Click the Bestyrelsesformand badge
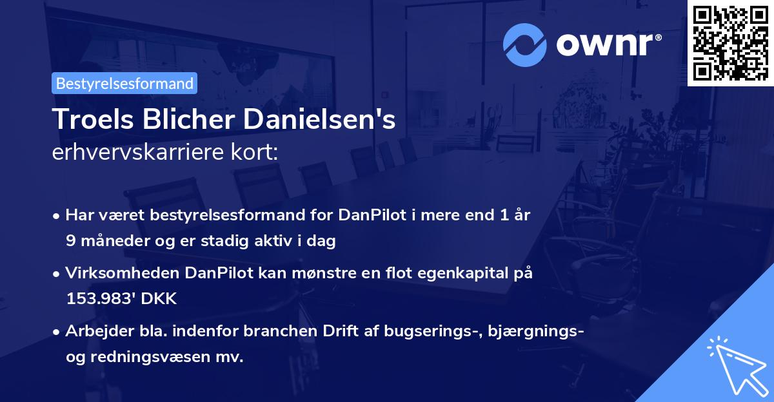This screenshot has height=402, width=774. [124, 83]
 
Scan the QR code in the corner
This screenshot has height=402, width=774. [729, 43]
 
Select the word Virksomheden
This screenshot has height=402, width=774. [123, 273]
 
